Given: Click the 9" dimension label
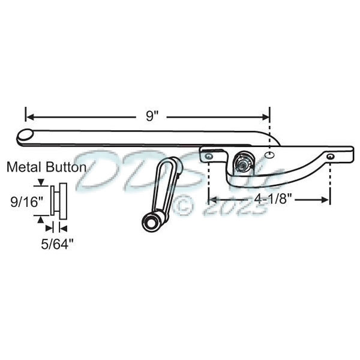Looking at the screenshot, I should [152, 115].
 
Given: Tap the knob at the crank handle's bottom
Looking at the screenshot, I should [149, 223].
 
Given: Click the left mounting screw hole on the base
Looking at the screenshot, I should [208, 156].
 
